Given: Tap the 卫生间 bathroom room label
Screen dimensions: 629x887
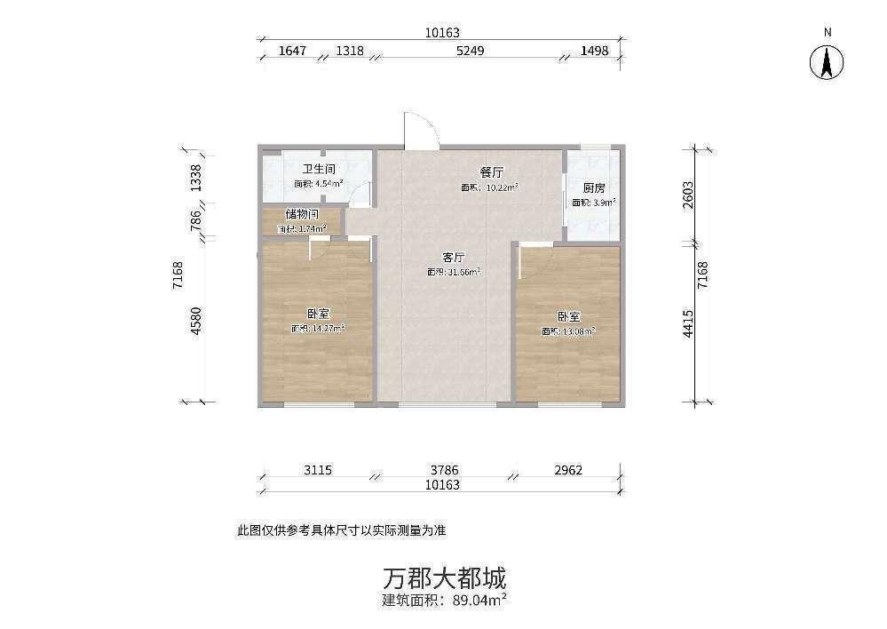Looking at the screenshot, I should (318, 169).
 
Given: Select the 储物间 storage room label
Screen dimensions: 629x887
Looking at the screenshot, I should (302, 214).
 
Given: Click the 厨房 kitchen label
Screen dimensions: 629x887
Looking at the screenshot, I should (594, 188).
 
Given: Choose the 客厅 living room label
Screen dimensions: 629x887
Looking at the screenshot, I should (455, 257).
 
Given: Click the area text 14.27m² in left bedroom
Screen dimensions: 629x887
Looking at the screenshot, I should (318, 329).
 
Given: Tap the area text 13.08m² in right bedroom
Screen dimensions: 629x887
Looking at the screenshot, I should (569, 332).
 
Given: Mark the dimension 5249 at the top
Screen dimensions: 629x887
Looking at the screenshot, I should (470, 51).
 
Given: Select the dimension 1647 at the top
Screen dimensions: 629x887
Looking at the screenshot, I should (292, 51).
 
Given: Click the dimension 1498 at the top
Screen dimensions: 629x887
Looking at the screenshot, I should (594, 51).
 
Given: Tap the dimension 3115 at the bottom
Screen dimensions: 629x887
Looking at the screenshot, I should (317, 470).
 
